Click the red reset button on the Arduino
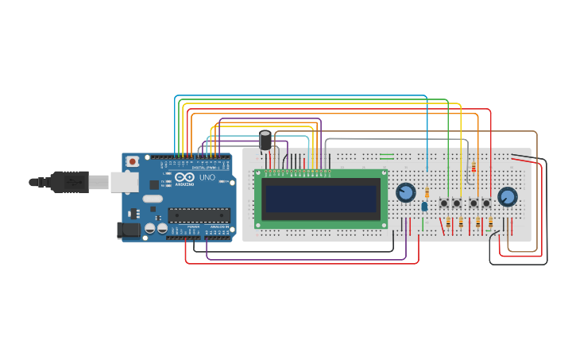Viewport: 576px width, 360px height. [132, 161]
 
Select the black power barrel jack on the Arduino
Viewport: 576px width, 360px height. [127, 230]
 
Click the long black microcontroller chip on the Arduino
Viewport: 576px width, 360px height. [198, 214]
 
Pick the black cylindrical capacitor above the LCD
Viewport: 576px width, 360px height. [265, 141]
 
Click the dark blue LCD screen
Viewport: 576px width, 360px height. [321, 199]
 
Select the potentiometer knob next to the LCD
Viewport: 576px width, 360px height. [405, 192]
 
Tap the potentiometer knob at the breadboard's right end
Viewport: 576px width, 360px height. [507, 196]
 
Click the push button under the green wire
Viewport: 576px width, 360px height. [444, 203]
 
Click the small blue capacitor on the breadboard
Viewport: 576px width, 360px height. [424, 206]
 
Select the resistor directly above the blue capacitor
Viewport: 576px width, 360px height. [427, 192]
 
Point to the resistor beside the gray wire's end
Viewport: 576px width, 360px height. [474, 167]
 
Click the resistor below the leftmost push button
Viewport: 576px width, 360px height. [446, 223]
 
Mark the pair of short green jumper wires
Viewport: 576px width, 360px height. [387, 156]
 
